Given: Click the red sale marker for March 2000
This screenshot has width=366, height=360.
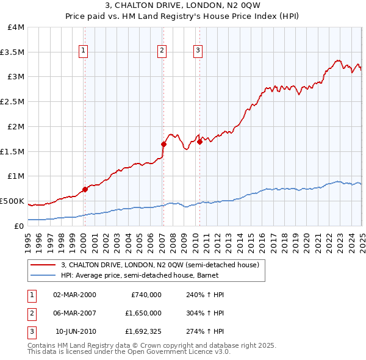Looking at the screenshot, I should (85, 189).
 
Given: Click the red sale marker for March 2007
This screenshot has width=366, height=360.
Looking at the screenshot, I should (163, 144).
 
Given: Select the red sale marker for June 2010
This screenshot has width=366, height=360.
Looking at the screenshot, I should (200, 142).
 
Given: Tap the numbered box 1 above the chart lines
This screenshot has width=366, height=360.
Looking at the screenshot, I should (82, 51).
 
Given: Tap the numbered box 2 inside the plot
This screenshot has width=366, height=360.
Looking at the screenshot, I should (162, 51).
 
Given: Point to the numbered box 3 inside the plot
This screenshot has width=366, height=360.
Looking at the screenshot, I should (198, 51).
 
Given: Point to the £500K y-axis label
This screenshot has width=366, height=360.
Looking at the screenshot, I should (13, 201).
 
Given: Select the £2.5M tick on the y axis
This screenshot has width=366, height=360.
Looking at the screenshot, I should (12, 102).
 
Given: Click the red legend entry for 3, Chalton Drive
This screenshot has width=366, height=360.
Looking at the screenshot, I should (160, 265).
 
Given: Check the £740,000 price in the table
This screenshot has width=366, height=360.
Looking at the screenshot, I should (146, 294).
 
